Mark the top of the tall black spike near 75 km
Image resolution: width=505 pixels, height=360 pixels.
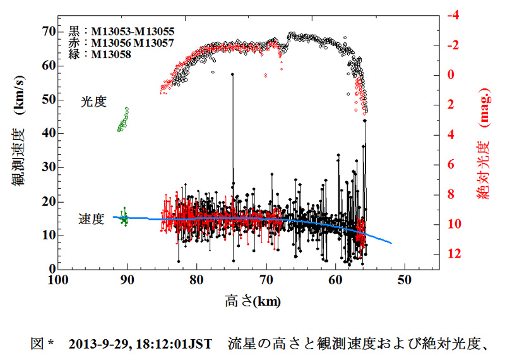[233, 74]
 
